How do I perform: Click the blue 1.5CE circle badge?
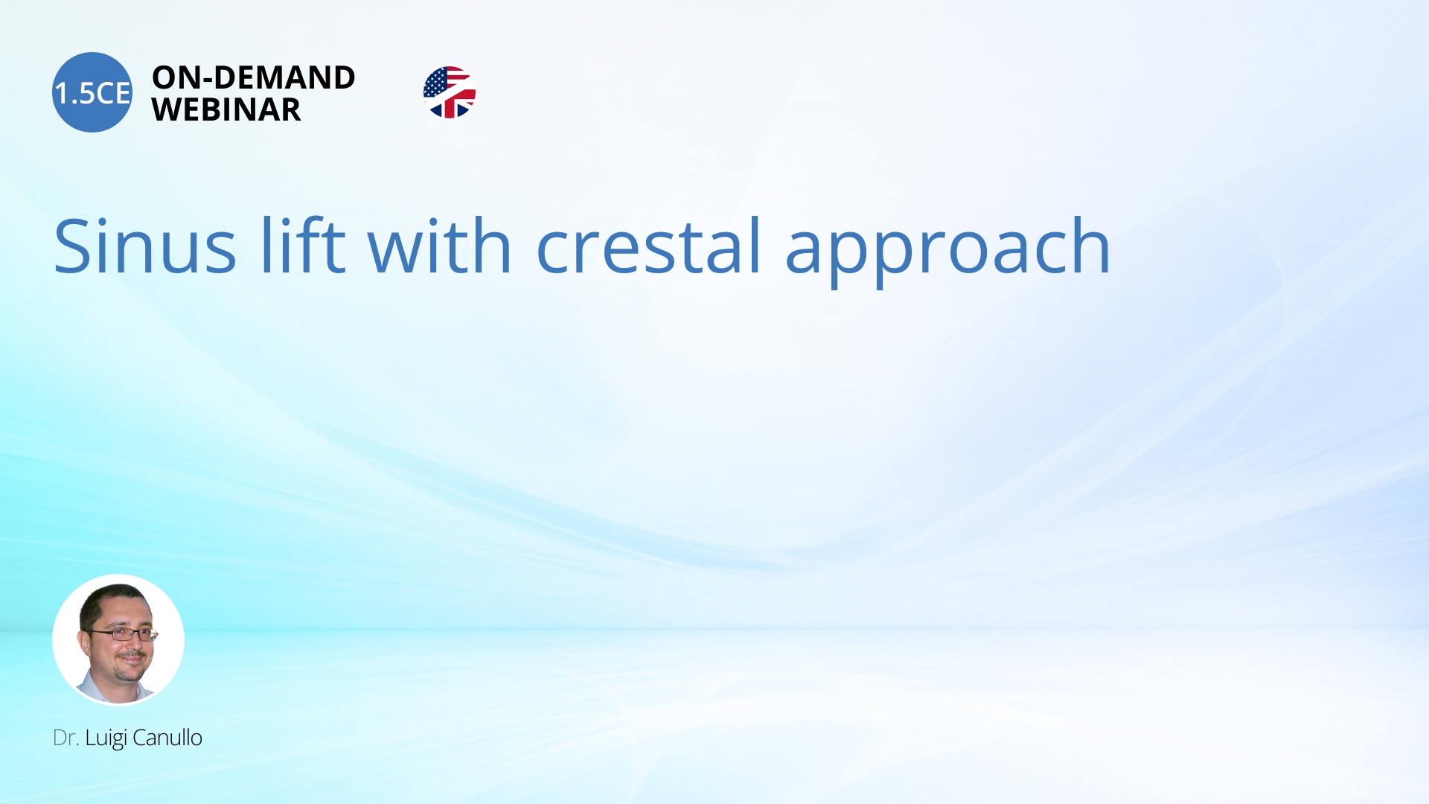pos(92,92)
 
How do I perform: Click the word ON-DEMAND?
pos(253,77)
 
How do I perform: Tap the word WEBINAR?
pos(226,110)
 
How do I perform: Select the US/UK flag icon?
pos(449,92)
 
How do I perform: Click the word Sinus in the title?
pos(145,246)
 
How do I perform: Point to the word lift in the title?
pos(302,246)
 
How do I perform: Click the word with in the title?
pos(439,246)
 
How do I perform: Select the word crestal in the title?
pos(648,246)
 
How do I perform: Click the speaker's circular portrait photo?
pos(118,639)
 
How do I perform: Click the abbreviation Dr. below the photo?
pos(65,738)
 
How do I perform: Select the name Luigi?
pos(106,738)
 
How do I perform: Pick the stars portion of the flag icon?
pos(434,82)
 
